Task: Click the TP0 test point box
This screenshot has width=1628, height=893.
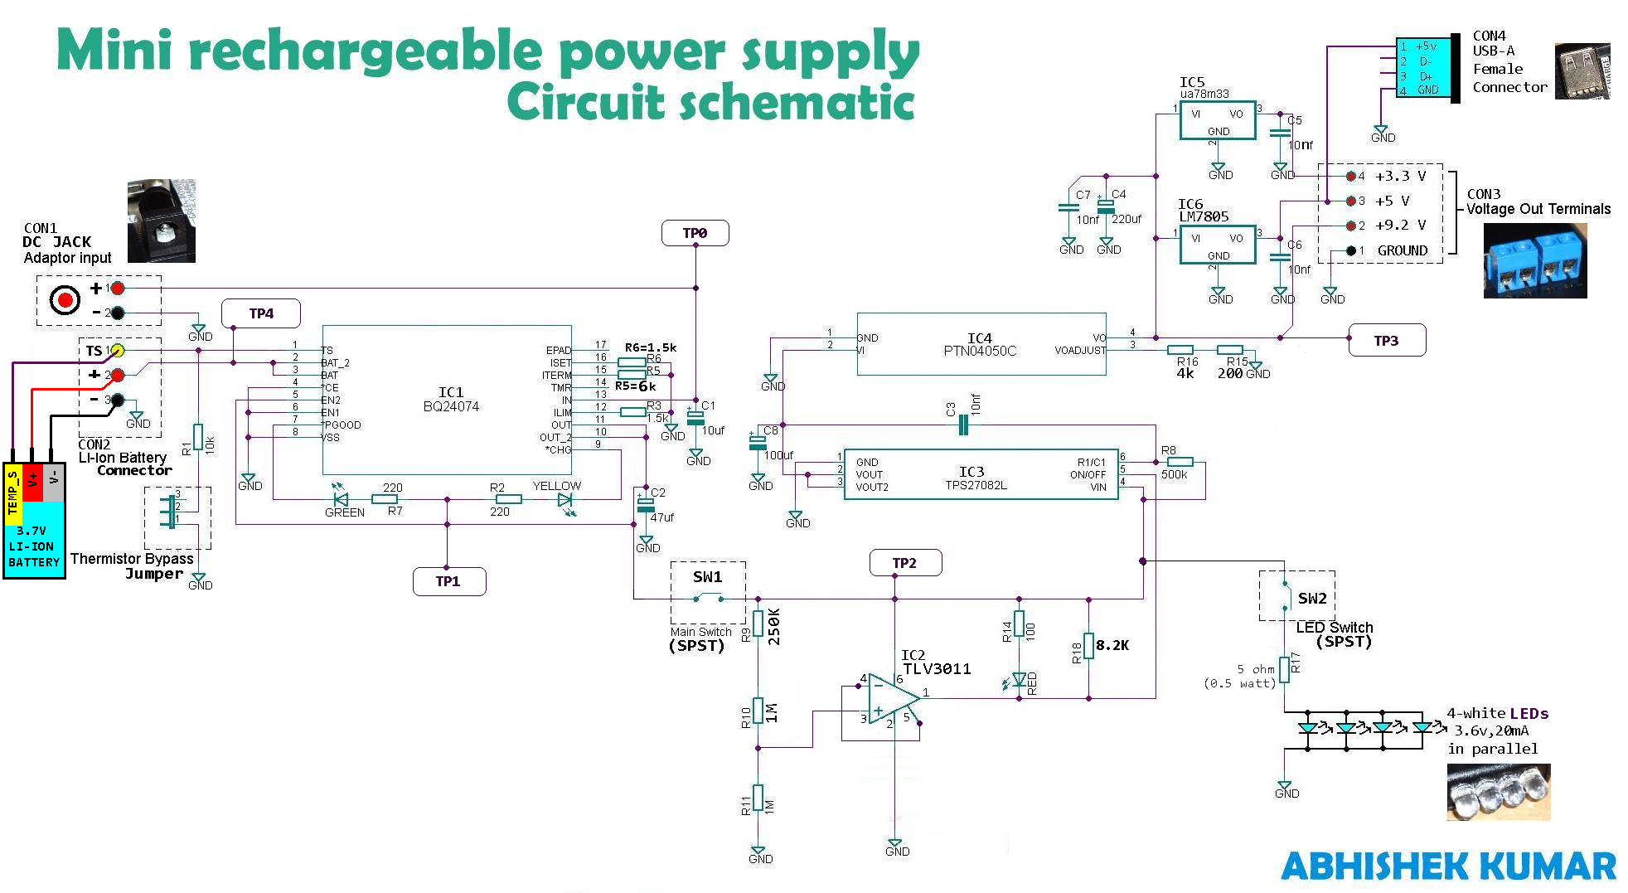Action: pyautogui.click(x=695, y=233)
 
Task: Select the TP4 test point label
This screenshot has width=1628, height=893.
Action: pyautogui.click(x=260, y=313)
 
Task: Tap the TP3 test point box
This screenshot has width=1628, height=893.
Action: pyautogui.click(x=1386, y=341)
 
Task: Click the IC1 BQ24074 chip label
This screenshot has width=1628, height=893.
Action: pyautogui.click(x=451, y=400)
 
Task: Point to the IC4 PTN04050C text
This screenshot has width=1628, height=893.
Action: pyautogui.click(x=980, y=345)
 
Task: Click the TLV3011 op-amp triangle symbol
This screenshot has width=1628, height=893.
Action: pyautogui.click(x=890, y=698)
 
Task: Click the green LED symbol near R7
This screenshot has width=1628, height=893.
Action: pyautogui.click(x=340, y=499)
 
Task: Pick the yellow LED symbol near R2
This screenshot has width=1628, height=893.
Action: pyautogui.click(x=564, y=500)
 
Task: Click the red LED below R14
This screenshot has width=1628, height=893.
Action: pyautogui.click(x=1019, y=680)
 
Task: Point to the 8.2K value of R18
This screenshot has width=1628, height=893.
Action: pyautogui.click(x=1112, y=645)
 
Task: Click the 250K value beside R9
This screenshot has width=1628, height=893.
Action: pyautogui.click(x=774, y=627)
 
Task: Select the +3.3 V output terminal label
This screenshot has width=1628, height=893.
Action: pyautogui.click(x=1400, y=176)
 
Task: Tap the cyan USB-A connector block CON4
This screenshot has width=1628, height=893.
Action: pyautogui.click(x=1422, y=68)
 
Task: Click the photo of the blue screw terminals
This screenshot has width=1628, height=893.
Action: pyautogui.click(x=1534, y=260)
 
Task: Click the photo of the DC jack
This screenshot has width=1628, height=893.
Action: pyautogui.click(x=161, y=221)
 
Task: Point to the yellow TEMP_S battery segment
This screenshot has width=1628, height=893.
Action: pyautogui.click(x=12, y=493)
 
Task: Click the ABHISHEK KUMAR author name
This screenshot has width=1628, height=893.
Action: pyautogui.click(x=1448, y=866)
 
